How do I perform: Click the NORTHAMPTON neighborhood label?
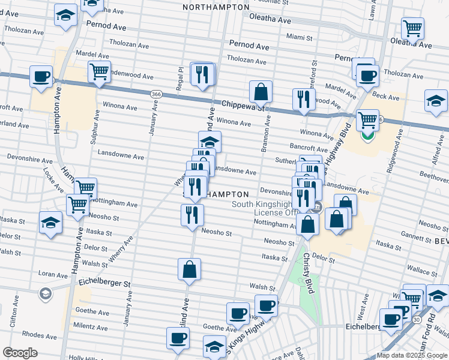click(215, 7)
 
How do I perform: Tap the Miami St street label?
click(300, 37)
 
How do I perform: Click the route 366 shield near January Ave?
click(156, 94)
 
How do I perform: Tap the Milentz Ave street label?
click(91, 328)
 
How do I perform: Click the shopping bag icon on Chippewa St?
click(261, 92)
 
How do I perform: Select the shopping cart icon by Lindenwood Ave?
click(99, 71)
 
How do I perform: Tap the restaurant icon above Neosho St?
click(192, 215)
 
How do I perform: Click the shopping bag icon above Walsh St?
click(189, 270)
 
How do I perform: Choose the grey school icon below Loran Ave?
click(45, 294)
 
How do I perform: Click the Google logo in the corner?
click(20, 353)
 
